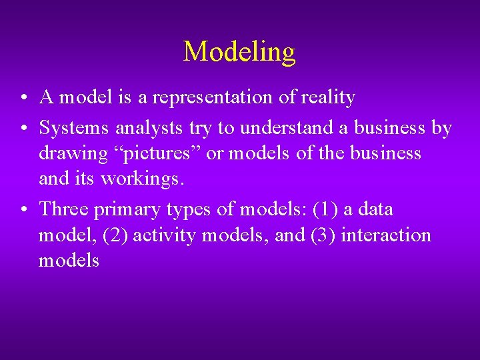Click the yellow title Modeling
click(239, 51)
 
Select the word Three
click(64, 209)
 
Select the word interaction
click(386, 235)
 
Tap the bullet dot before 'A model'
click(23, 99)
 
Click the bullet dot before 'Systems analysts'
click(23, 127)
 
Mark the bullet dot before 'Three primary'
click(23, 210)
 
